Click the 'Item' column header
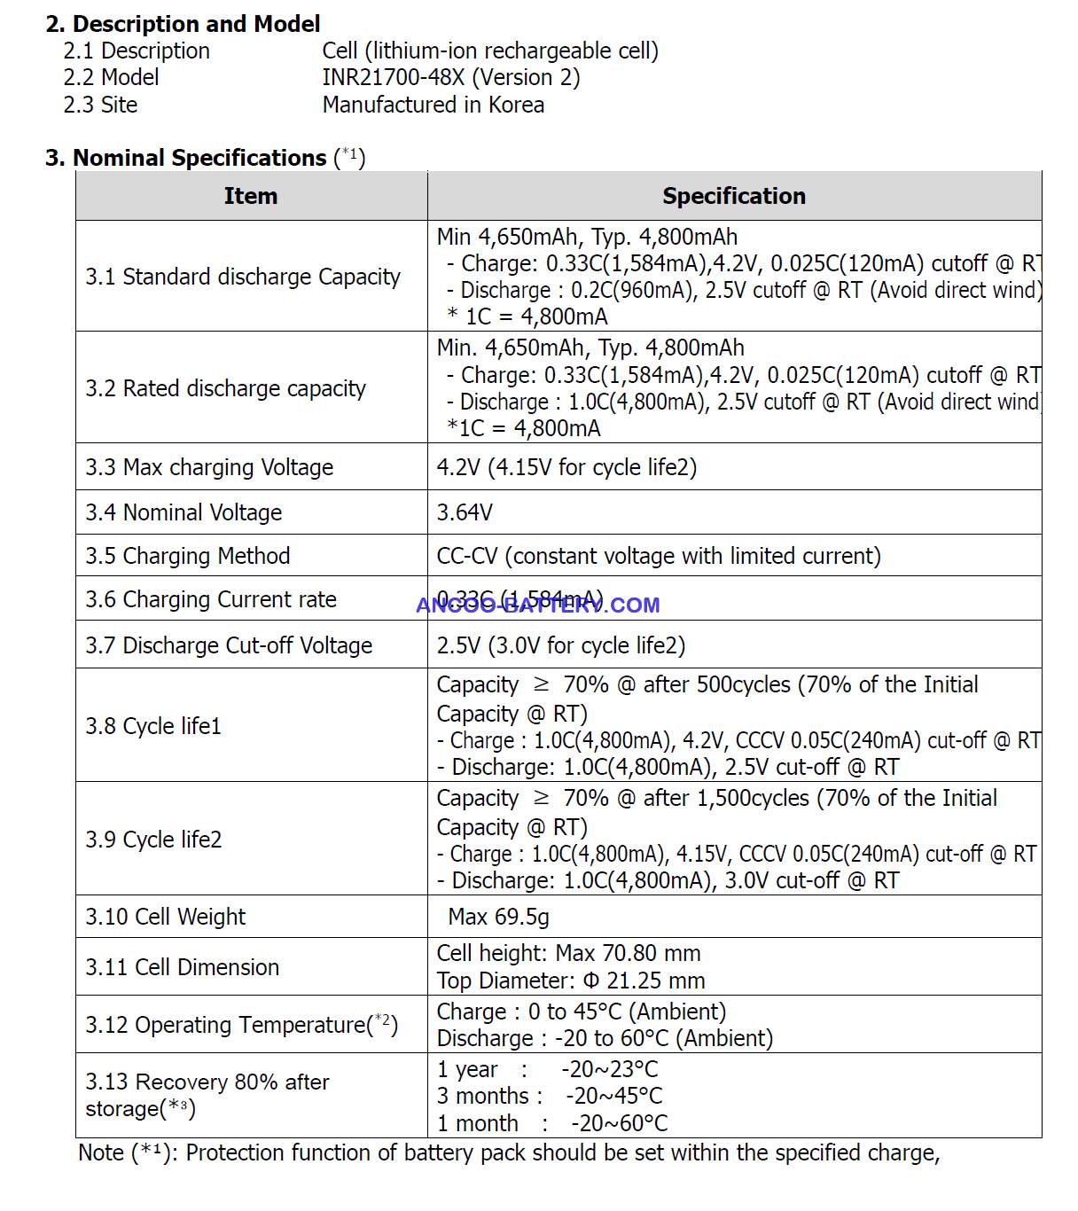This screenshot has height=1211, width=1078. click(251, 196)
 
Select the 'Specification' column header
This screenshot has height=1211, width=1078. click(734, 196)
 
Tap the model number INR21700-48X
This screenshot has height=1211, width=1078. click(394, 78)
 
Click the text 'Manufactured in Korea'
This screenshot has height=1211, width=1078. click(433, 105)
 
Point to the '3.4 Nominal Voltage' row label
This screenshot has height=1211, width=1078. click(184, 512)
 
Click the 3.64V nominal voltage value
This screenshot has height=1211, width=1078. click(465, 512)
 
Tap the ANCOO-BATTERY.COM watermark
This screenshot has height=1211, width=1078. click(538, 605)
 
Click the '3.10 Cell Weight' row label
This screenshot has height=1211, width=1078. click(166, 917)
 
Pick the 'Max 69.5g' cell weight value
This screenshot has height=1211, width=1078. click(498, 917)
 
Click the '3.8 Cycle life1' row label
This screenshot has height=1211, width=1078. click(153, 726)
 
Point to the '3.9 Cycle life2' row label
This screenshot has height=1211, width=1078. click(153, 840)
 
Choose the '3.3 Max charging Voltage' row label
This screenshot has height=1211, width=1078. click(209, 467)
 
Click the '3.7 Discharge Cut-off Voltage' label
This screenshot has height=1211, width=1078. click(229, 645)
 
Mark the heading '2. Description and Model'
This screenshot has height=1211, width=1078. click(183, 24)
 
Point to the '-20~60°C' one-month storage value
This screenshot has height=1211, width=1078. click(619, 1124)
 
